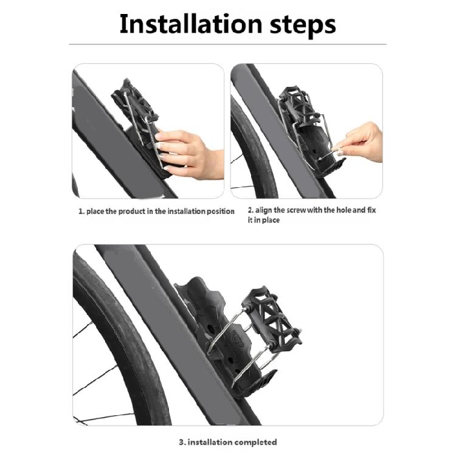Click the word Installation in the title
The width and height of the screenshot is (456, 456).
(x=191, y=24)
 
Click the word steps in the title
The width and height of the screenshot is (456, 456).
(x=303, y=26)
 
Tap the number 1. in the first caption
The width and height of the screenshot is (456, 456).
(x=81, y=212)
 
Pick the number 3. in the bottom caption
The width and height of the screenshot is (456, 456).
(x=182, y=443)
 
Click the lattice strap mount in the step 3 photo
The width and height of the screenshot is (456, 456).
(x=271, y=316)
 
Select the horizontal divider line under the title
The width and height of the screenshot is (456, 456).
(x=228, y=44)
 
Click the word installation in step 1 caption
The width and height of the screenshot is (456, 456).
(x=187, y=211)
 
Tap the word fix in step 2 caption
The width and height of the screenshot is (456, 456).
(x=371, y=210)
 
